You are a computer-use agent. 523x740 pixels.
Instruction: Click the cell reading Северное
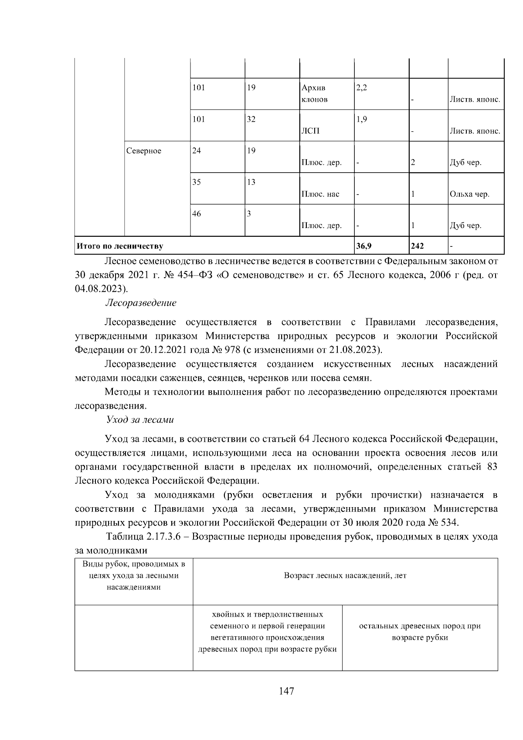(143, 151)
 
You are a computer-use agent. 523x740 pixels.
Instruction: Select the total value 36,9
(363, 246)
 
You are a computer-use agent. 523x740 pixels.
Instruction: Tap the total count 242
(417, 246)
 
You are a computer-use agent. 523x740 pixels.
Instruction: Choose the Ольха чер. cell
(469, 194)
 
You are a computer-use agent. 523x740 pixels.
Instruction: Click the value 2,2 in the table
(362, 88)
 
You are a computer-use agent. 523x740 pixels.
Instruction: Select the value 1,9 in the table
(361, 119)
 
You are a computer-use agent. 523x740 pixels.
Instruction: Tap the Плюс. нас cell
(320, 194)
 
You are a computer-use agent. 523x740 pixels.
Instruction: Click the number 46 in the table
(197, 214)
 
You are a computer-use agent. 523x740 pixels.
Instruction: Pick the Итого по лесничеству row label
(120, 246)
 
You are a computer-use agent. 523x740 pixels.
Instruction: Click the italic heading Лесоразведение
(141, 303)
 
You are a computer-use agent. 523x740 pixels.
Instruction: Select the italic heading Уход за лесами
(140, 420)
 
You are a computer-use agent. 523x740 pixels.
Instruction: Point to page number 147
(286, 691)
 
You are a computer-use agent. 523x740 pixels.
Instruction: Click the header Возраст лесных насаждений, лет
(345, 576)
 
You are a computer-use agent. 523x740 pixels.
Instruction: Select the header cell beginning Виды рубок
(134, 576)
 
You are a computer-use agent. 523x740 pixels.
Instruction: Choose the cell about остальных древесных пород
(419, 632)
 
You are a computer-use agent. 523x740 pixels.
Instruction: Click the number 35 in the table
(197, 182)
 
